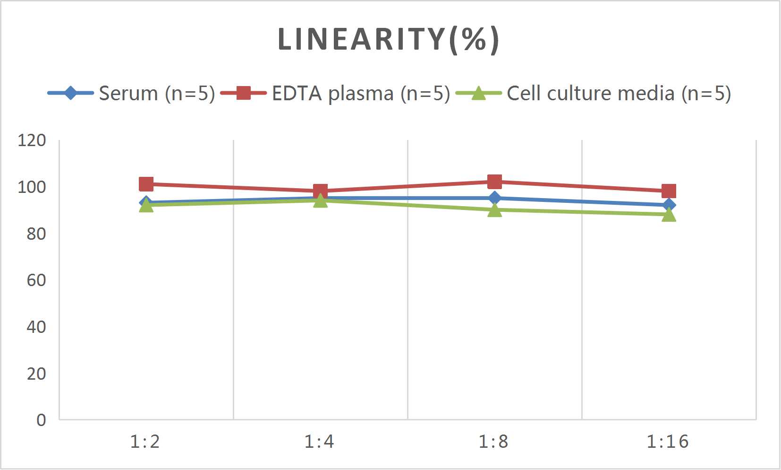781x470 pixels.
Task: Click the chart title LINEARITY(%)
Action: [388, 39]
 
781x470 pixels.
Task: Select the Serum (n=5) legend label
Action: [157, 93]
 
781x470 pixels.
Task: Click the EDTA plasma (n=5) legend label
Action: [361, 93]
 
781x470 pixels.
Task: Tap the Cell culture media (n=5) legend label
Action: [619, 93]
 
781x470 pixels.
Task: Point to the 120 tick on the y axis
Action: [32, 140]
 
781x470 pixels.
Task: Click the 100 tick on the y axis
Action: [32, 187]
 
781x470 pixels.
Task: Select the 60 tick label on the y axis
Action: [36, 280]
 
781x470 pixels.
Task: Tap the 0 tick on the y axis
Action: [41, 420]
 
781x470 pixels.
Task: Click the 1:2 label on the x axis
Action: [145, 442]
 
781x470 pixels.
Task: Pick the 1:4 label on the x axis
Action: [319, 442]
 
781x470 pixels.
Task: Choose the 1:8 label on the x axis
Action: [493, 442]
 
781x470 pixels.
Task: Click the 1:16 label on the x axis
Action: [667, 442]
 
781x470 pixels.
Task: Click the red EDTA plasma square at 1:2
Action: [146, 184]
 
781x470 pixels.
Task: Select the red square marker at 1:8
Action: [494, 182]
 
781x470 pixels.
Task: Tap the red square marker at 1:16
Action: [669, 191]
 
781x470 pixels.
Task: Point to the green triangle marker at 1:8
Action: [494, 210]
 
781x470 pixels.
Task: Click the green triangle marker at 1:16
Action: [669, 215]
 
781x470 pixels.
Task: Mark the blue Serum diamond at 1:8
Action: [494, 198]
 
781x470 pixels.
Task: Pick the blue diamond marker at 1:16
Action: [669, 205]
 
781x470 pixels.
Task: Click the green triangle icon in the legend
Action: [478, 93]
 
